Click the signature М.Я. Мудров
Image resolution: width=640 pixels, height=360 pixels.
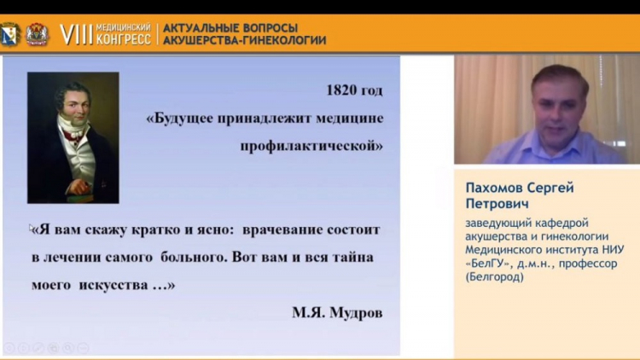(x=337, y=312)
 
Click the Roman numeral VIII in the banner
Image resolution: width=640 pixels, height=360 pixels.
(x=74, y=34)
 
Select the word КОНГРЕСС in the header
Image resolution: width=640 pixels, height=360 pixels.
(x=124, y=40)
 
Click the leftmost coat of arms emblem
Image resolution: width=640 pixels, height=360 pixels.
(x=9, y=34)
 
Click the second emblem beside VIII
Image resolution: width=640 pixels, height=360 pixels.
(x=38, y=34)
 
